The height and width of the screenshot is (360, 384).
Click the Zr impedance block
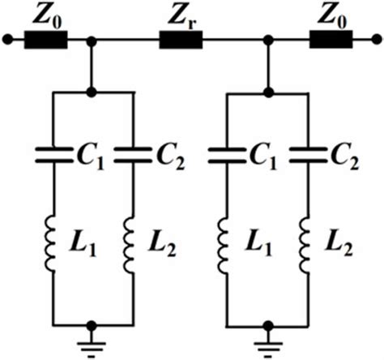181,38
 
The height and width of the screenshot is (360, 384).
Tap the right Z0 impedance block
332,38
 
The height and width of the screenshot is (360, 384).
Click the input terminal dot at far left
7,38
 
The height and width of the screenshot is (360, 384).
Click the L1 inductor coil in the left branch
53,242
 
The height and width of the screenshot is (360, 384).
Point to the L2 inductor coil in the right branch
307,242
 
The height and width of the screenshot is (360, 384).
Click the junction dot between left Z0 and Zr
93,38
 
